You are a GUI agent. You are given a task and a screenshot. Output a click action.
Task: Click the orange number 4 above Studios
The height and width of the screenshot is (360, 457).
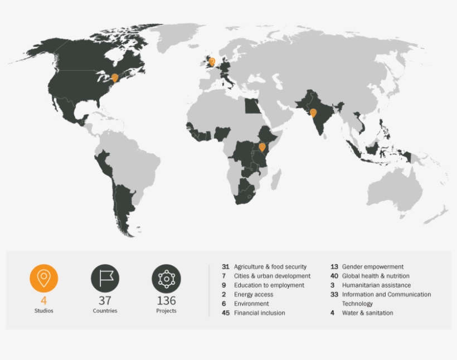(x=43, y=301)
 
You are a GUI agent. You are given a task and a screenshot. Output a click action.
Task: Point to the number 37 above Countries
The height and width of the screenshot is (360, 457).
(x=105, y=301)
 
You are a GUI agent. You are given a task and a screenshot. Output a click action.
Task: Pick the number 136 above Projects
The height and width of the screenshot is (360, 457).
(x=166, y=301)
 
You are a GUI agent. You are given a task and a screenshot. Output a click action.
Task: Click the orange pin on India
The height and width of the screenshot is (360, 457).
(x=313, y=113)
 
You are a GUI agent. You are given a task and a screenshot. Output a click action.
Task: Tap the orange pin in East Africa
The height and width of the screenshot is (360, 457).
(x=262, y=147)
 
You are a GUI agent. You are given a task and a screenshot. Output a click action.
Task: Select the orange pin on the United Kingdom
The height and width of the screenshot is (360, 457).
(x=211, y=61)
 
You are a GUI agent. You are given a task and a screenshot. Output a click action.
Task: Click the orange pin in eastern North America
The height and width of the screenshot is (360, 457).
(x=115, y=78)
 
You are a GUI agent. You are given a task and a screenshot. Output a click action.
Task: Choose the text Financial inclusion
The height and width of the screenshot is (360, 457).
(x=259, y=313)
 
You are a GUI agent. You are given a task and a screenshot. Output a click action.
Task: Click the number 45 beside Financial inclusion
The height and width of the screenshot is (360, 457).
(x=225, y=313)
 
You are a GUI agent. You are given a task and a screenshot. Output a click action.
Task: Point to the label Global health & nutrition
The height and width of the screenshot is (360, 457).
(x=375, y=276)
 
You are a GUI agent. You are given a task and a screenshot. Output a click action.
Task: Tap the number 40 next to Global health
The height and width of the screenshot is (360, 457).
(x=334, y=276)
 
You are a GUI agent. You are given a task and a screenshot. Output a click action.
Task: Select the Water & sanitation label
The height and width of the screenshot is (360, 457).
(x=367, y=313)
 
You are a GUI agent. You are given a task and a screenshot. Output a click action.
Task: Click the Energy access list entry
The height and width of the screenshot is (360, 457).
(x=254, y=294)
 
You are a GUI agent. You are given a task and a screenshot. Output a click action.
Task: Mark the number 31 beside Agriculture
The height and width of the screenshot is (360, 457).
(x=225, y=267)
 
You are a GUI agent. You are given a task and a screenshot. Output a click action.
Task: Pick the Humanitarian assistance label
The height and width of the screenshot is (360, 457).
(x=376, y=285)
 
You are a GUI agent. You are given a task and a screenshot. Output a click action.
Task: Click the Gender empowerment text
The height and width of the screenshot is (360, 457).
(x=372, y=267)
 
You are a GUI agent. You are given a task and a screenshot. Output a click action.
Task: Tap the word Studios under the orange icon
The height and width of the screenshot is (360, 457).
(x=43, y=311)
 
